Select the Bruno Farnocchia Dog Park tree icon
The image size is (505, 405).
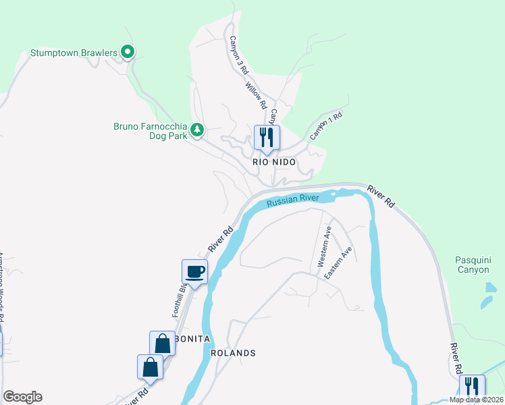[196, 129]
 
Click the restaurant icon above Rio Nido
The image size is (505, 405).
[265, 138]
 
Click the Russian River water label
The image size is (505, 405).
[292, 200]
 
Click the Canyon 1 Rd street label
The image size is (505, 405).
[326, 126]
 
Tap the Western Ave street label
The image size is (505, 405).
[325, 246]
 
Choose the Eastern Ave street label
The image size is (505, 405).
[338, 263]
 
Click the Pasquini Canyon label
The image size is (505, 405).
[472, 264]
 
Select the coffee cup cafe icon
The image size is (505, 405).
[194, 272]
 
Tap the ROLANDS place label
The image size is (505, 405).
[233, 353]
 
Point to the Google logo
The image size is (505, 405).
[22, 397]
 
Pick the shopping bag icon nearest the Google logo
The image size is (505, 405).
[150, 368]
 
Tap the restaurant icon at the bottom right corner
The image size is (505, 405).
[472, 387]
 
